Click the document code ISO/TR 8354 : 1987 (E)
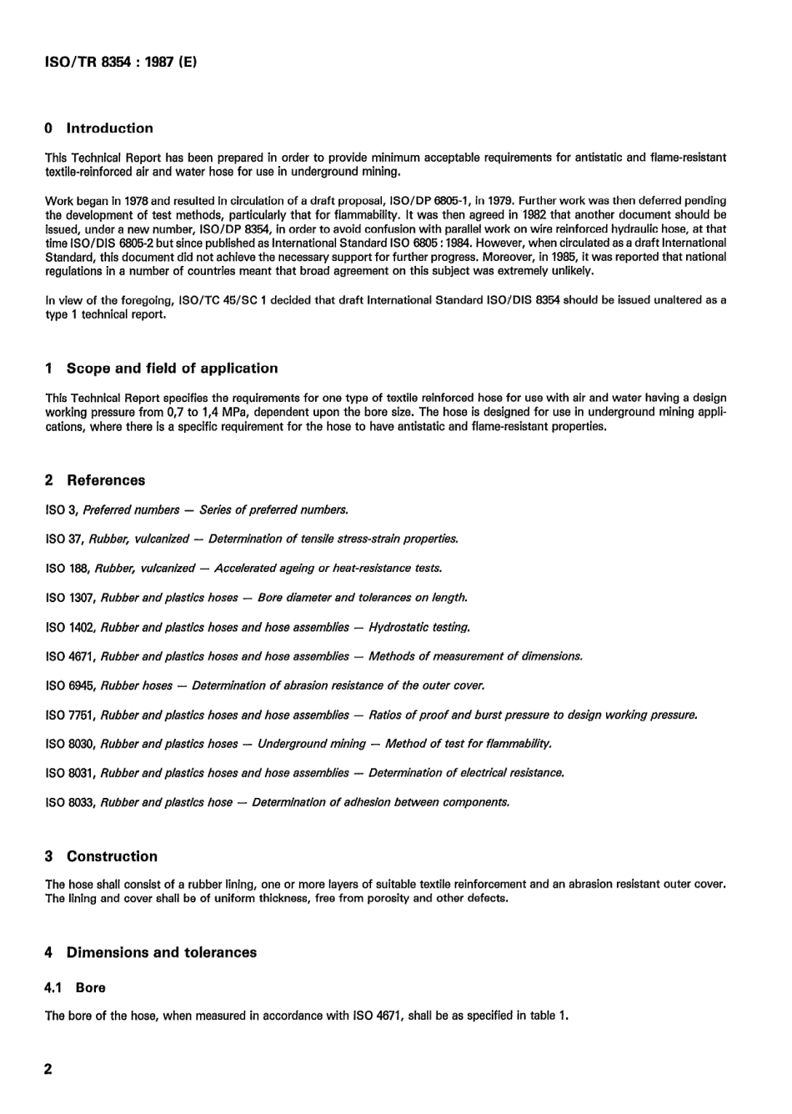121,62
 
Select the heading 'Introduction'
109,128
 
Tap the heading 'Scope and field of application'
172,369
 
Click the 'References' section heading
105,480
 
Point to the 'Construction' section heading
112,856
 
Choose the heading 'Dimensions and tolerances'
161,952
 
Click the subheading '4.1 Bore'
75,988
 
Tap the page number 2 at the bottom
48,1069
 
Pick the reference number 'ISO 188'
68,569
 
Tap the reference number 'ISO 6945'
71,685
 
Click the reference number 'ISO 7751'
71,715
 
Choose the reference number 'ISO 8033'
71,802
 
